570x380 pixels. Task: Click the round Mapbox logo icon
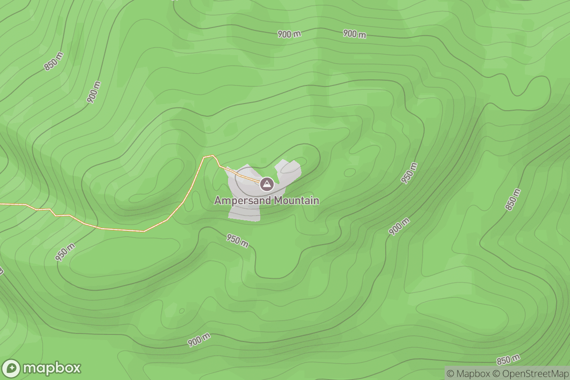pyautogui.click(x=11, y=369)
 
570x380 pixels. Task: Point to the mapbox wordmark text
pyautogui.click(x=52, y=369)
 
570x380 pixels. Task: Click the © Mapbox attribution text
pyautogui.click(x=467, y=373)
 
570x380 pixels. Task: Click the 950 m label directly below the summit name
pyautogui.click(x=237, y=241)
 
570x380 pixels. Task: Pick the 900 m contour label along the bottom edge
pyautogui.click(x=199, y=340)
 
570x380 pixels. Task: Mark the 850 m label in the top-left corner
pyautogui.click(x=54, y=61)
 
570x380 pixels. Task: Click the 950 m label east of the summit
pyautogui.click(x=409, y=173)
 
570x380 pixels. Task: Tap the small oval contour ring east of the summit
pyautogui.click(x=350, y=172)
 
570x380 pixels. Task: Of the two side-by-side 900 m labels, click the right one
pyautogui.click(x=355, y=34)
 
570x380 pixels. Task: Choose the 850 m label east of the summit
pyautogui.click(x=513, y=200)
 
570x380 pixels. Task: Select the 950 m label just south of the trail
pyautogui.click(x=65, y=252)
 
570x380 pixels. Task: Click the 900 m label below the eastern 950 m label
pyautogui.click(x=399, y=227)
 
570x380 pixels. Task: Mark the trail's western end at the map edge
pyautogui.click(x=1, y=204)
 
